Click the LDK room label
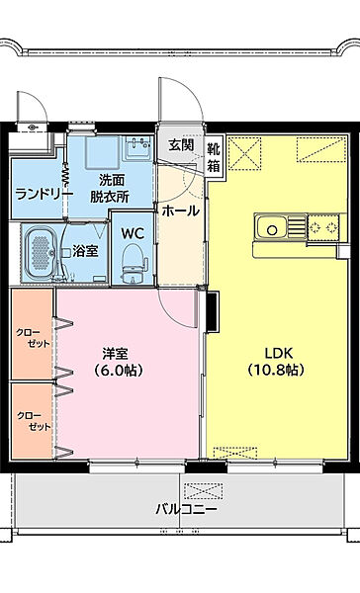click(277, 353)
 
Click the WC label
click(132, 232)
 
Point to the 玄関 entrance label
click(181, 145)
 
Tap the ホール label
click(180, 211)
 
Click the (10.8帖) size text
click(277, 371)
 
